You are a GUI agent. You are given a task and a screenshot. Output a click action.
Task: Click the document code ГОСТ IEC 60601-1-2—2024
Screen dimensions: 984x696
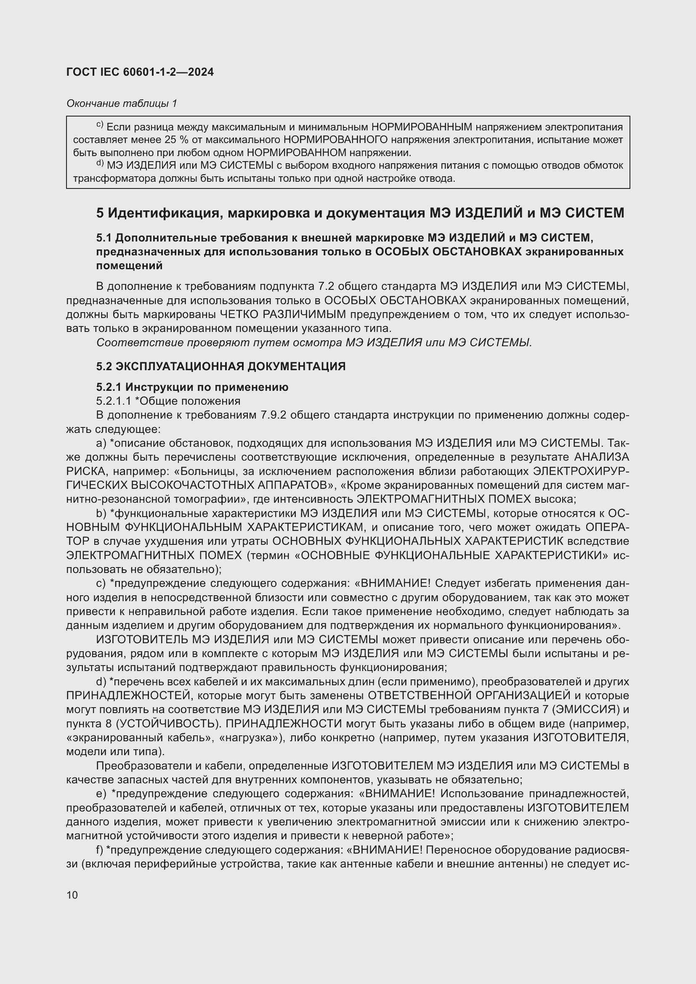tap(140, 72)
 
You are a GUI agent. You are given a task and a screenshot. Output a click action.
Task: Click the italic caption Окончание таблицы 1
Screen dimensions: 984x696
tap(122, 103)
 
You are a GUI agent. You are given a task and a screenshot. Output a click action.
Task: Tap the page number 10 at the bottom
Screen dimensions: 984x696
tap(72, 895)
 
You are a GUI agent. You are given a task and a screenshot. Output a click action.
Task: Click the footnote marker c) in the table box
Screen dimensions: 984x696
tap(99, 125)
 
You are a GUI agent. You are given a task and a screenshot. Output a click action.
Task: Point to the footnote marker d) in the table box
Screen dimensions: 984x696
tap(99, 163)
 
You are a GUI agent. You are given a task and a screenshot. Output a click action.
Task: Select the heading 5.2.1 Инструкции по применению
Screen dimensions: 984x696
tap(192, 387)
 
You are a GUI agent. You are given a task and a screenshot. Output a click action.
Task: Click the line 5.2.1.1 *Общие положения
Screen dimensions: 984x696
tap(168, 401)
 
